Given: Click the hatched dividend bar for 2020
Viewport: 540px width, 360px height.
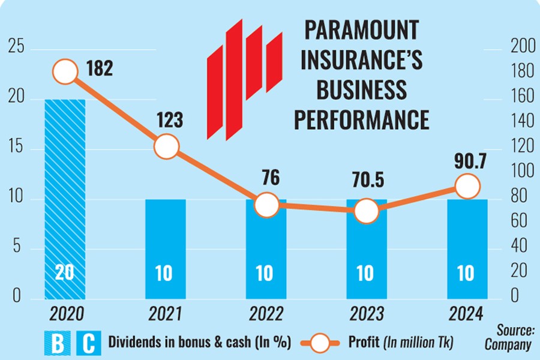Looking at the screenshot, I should [x=65, y=198].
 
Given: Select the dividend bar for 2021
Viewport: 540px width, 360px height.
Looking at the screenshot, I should [x=166, y=248].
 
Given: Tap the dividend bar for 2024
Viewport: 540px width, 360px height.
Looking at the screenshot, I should [x=467, y=248].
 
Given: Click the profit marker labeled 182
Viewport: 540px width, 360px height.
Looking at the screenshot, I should [x=65, y=72].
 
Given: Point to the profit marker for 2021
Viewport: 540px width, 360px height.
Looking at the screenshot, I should [x=166, y=146].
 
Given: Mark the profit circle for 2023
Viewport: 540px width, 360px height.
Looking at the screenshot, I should [x=366, y=211].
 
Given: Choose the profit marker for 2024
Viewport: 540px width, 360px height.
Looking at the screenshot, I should [x=467, y=186].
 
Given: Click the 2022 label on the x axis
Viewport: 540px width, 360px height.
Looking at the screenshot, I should [x=265, y=313].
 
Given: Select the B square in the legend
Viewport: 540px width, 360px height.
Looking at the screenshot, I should [x=59, y=344].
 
